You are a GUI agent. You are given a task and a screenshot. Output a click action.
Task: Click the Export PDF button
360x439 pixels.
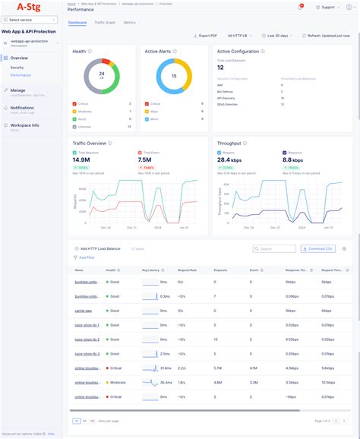coord(205,36)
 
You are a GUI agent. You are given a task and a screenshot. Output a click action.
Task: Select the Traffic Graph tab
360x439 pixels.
coord(106,23)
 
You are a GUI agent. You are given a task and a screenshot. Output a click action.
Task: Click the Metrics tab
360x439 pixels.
coord(130,23)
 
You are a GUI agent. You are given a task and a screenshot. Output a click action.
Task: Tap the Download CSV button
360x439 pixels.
coord(317,248)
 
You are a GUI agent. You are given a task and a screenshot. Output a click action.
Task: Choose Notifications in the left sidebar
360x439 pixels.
coord(22,107)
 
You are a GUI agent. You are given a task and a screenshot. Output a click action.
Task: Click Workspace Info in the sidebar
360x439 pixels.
coord(24,125)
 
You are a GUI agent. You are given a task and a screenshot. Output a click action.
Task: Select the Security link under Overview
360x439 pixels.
coord(17,68)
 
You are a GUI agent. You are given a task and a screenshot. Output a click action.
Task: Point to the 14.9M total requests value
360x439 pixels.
coord(81,159)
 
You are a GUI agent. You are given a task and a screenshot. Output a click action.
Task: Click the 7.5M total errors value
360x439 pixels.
coord(147,159)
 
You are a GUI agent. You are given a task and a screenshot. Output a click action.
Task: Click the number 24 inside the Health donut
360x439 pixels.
coord(101,75)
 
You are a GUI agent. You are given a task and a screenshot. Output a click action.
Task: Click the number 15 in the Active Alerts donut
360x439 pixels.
coord(173,76)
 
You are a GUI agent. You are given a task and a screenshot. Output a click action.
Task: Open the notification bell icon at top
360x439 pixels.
coord(300,7)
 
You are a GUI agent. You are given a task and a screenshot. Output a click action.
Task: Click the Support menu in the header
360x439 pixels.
coord(327,7)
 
